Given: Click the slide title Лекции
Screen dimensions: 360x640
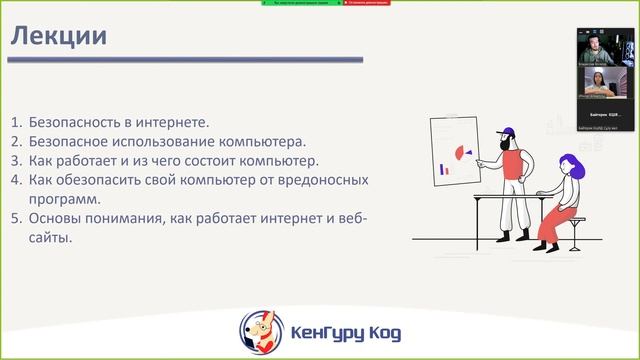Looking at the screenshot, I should pyautogui.click(x=59, y=38).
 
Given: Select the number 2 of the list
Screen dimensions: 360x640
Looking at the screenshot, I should pyautogui.click(x=16, y=141).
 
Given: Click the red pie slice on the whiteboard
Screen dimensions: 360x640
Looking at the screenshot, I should pyautogui.click(x=463, y=153).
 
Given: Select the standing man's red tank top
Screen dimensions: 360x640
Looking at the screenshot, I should pyautogui.click(x=509, y=165).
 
